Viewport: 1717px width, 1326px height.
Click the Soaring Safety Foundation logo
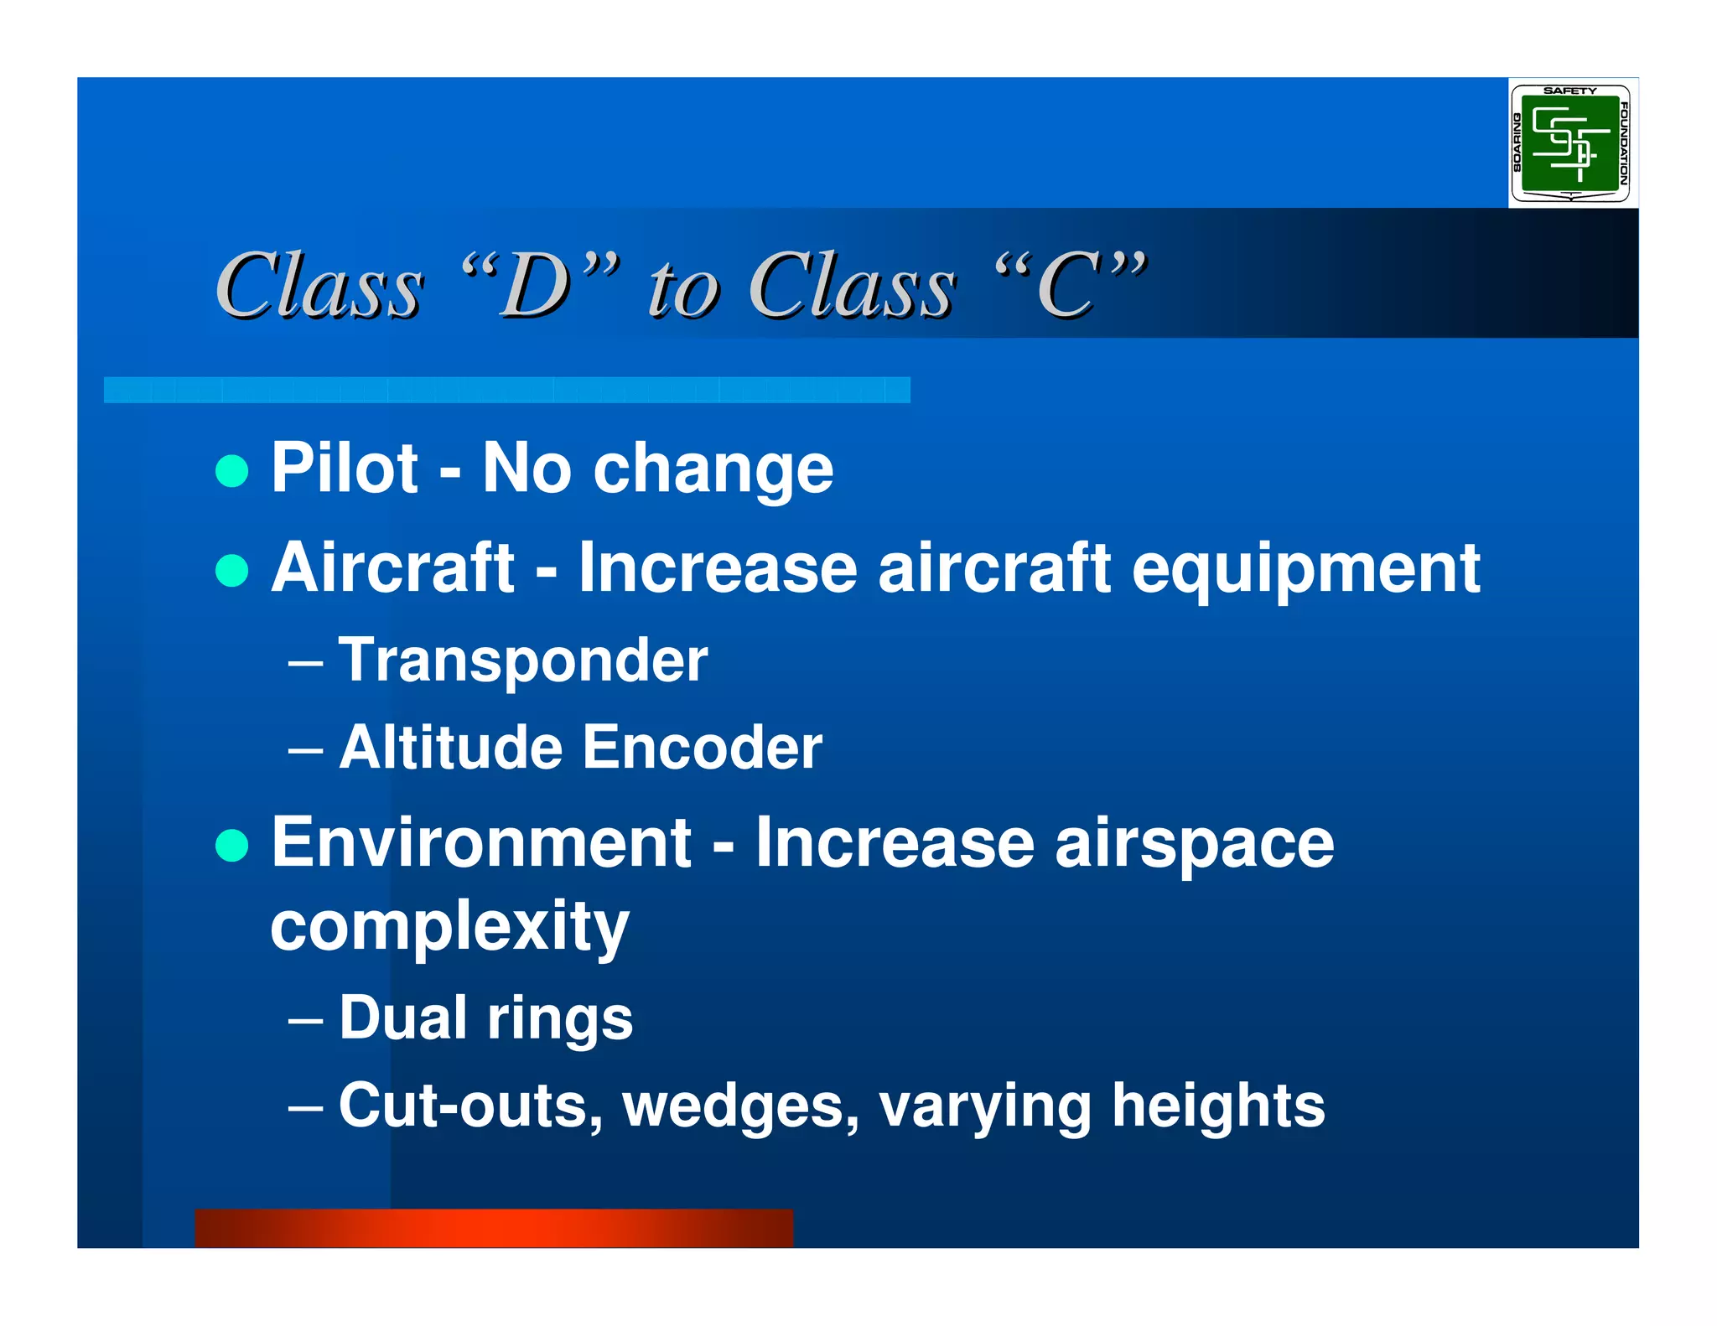click(x=1570, y=143)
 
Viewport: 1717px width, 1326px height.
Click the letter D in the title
click(x=537, y=287)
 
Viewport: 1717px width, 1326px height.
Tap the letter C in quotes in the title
click(x=1067, y=287)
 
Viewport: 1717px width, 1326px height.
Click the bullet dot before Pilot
click(x=231, y=471)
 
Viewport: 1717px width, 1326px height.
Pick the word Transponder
click(x=523, y=661)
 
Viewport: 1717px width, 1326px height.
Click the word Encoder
click(x=702, y=748)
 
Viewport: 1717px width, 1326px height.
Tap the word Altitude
click(x=451, y=748)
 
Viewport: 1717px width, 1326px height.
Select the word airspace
click(x=1194, y=845)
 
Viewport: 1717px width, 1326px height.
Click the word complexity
click(x=449, y=929)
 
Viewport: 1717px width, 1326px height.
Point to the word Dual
click(x=402, y=1018)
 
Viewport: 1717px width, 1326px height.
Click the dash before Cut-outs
click(x=305, y=1107)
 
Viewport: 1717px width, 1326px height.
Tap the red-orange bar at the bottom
click(x=494, y=1228)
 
